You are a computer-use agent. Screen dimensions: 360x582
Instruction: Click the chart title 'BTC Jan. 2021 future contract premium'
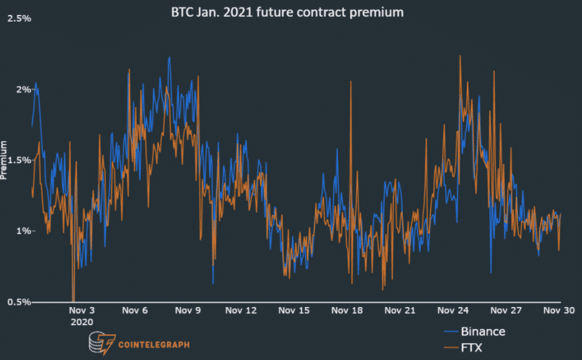(288, 12)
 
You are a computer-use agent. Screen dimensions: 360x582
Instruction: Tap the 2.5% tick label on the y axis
(18, 18)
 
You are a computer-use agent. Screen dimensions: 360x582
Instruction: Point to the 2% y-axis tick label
(23, 89)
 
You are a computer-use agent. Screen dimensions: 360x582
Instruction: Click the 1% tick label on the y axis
(23, 231)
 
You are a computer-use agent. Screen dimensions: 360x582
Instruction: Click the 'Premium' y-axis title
(5, 160)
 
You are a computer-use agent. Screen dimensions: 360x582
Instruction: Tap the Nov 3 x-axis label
(82, 310)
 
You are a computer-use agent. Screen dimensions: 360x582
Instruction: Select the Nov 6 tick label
(134, 310)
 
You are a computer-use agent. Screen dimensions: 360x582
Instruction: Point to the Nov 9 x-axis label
(187, 310)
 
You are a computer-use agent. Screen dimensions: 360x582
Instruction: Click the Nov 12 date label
(240, 310)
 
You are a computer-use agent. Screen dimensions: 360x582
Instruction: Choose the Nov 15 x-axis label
(293, 310)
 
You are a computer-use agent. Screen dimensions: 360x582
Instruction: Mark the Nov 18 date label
(346, 310)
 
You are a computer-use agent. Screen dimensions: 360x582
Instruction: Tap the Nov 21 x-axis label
(399, 310)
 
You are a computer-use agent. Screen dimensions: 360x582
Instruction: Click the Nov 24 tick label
(452, 310)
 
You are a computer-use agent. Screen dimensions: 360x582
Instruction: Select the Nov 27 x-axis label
(505, 310)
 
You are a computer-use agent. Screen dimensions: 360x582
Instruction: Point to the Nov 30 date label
(557, 310)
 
